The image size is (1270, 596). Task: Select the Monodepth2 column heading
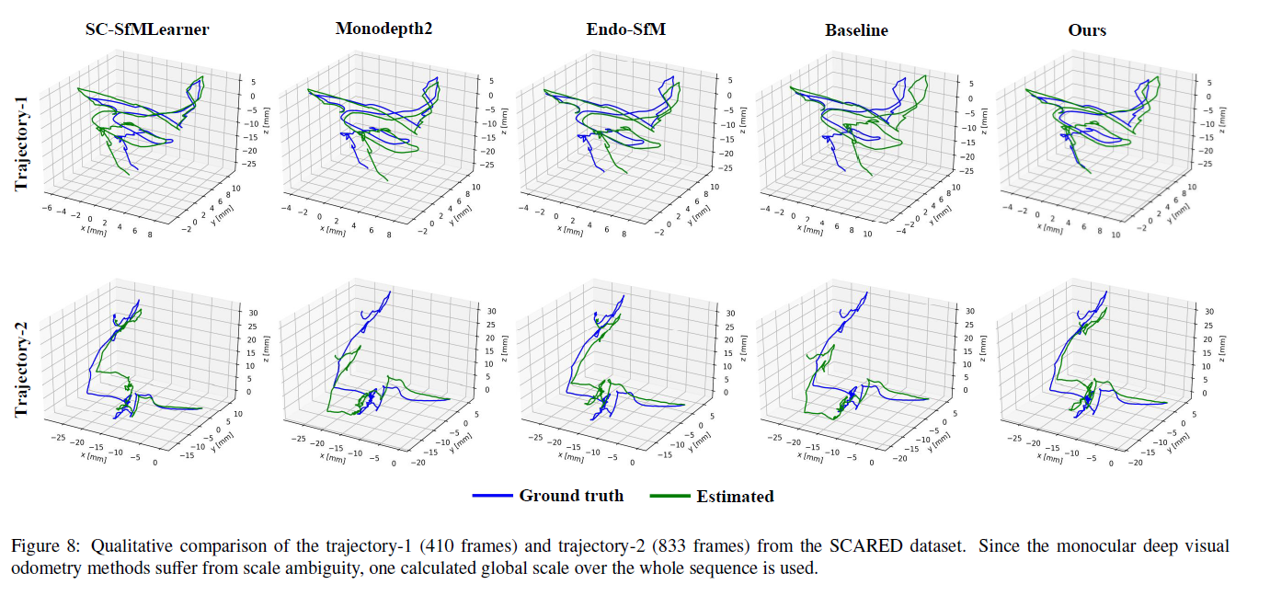(x=383, y=29)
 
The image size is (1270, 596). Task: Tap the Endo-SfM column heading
(x=625, y=29)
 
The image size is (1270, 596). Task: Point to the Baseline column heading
(x=856, y=30)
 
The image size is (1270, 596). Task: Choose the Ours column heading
(x=1087, y=30)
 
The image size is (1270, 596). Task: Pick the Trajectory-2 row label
(x=21, y=363)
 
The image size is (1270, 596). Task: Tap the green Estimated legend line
(x=669, y=497)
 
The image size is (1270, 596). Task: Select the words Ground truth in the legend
(x=571, y=496)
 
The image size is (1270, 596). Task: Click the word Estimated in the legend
(x=735, y=497)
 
